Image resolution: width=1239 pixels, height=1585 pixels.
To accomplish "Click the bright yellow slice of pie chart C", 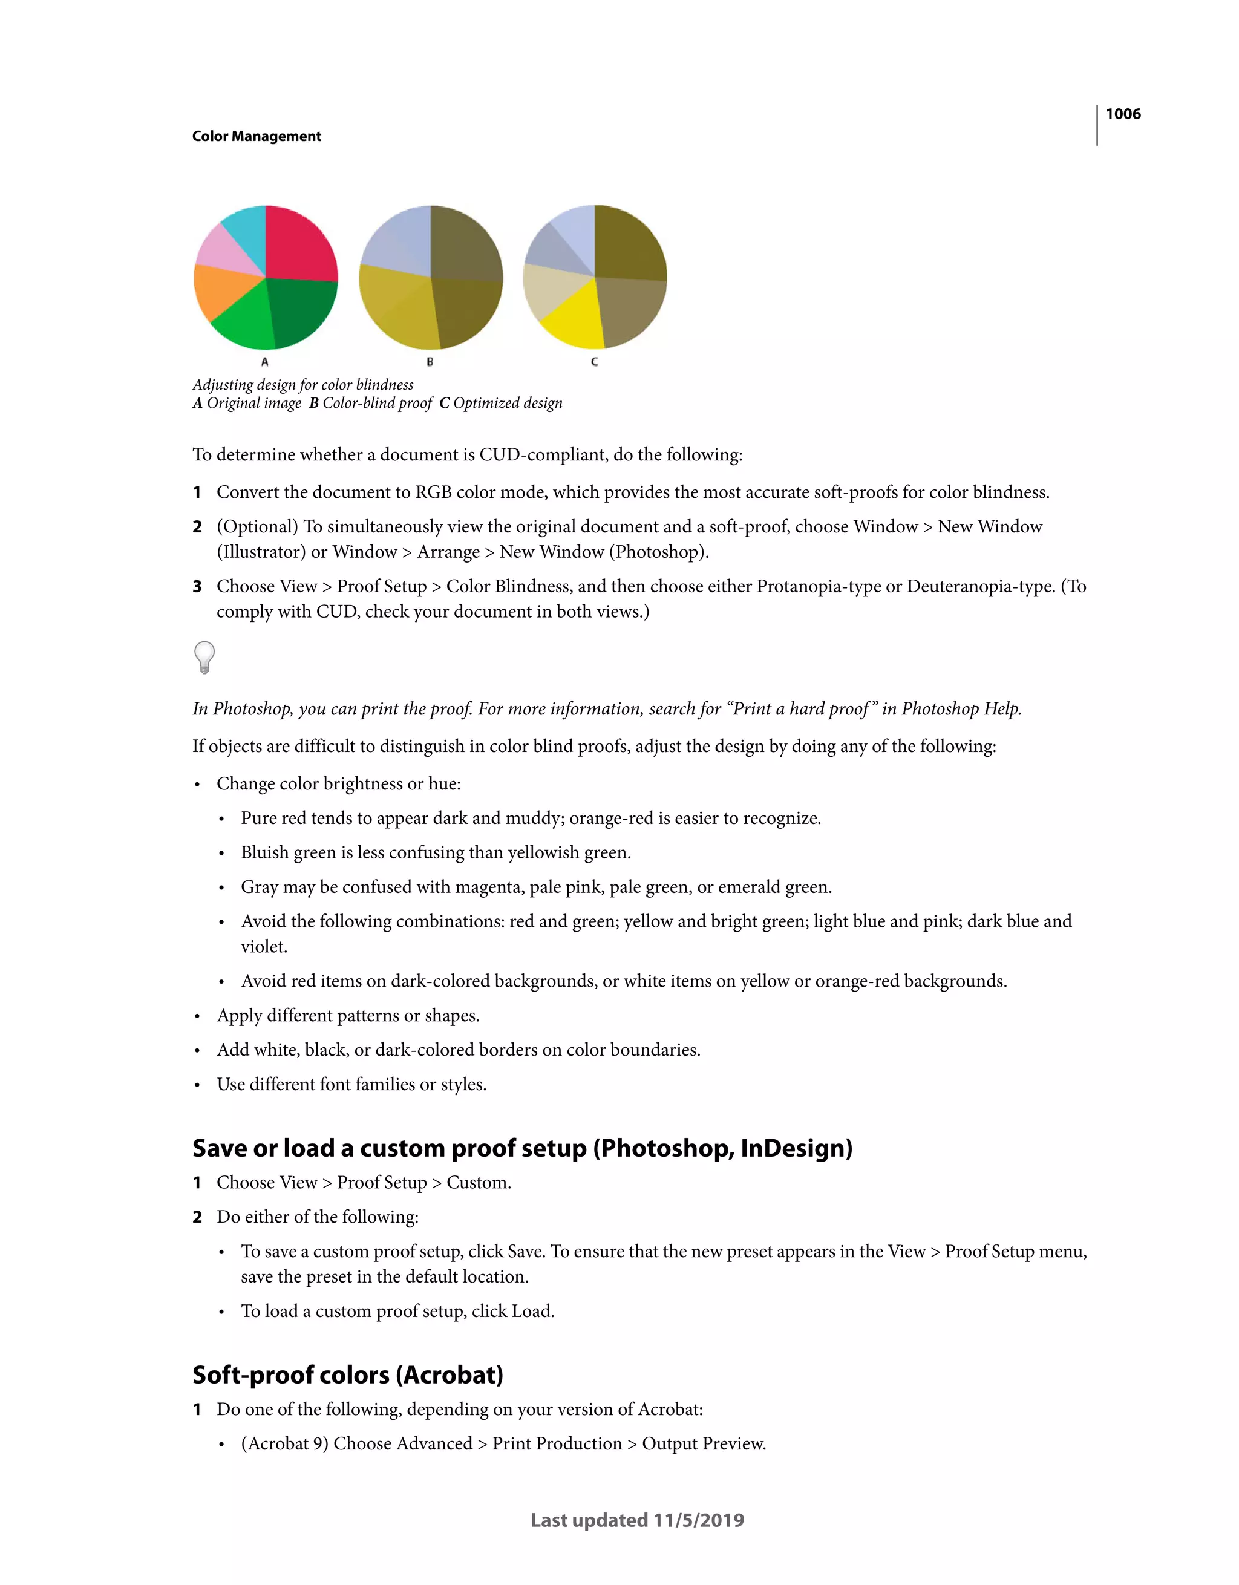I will pyautogui.click(x=574, y=319).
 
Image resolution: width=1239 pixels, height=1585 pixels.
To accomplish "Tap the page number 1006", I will pyautogui.click(x=1122, y=114).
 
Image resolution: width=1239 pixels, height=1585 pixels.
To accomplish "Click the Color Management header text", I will pyautogui.click(x=257, y=137).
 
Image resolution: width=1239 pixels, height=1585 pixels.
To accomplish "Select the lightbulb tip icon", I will pyautogui.click(x=204, y=657).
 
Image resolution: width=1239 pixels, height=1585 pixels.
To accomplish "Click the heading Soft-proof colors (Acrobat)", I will pyautogui.click(x=348, y=1374).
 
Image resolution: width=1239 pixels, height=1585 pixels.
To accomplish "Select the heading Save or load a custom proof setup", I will pyautogui.click(x=522, y=1148).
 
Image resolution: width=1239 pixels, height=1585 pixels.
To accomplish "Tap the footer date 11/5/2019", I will pyautogui.click(x=698, y=1520).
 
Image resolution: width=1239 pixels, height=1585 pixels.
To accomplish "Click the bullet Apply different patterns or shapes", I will pyautogui.click(x=348, y=1015).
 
